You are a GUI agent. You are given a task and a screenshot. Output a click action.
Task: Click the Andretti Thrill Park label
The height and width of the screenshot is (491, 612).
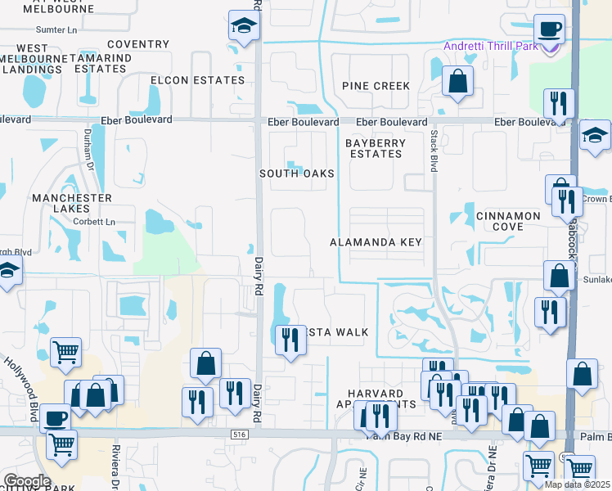click(491, 46)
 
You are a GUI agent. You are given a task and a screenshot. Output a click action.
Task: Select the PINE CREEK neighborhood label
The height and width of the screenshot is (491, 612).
click(376, 86)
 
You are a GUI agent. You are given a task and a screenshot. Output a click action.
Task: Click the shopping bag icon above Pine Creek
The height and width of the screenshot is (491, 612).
click(457, 81)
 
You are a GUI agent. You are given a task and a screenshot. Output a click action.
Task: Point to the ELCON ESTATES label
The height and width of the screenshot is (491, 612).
click(198, 80)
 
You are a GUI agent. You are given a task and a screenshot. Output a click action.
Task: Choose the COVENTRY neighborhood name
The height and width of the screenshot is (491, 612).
click(137, 44)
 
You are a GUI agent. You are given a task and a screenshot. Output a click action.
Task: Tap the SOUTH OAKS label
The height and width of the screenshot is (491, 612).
click(297, 173)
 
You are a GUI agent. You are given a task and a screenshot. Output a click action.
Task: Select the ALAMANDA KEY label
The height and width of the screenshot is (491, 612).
click(376, 242)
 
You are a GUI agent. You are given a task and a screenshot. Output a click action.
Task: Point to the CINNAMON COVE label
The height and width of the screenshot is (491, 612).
click(507, 221)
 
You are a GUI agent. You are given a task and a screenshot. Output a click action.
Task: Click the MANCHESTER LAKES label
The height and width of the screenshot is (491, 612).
click(72, 204)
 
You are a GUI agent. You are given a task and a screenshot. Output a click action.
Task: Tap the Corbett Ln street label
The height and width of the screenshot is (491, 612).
click(92, 222)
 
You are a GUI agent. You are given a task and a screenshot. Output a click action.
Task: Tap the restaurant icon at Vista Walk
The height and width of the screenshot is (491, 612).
click(288, 339)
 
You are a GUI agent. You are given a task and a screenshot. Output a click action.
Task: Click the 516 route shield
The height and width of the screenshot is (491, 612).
click(239, 434)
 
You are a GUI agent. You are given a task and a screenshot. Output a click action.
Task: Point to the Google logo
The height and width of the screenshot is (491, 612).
click(27, 480)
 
